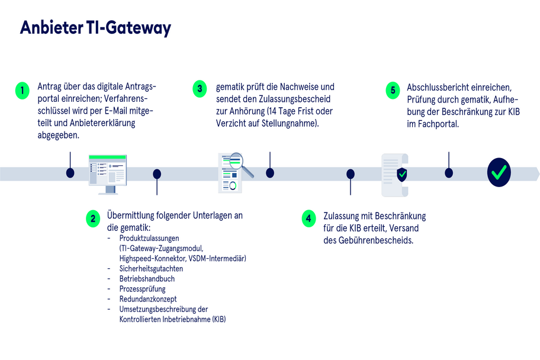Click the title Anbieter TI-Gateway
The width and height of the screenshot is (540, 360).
(95, 28)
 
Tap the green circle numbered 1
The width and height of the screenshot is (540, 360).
(22, 91)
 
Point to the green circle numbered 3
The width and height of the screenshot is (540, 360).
(200, 89)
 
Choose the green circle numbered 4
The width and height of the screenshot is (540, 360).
(308, 218)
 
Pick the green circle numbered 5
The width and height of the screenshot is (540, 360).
(392, 91)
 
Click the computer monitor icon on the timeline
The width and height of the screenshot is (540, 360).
(108, 173)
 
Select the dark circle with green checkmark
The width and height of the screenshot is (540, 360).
(499, 172)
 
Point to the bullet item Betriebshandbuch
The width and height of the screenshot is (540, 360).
(147, 278)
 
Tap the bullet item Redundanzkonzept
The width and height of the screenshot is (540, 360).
(148, 299)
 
